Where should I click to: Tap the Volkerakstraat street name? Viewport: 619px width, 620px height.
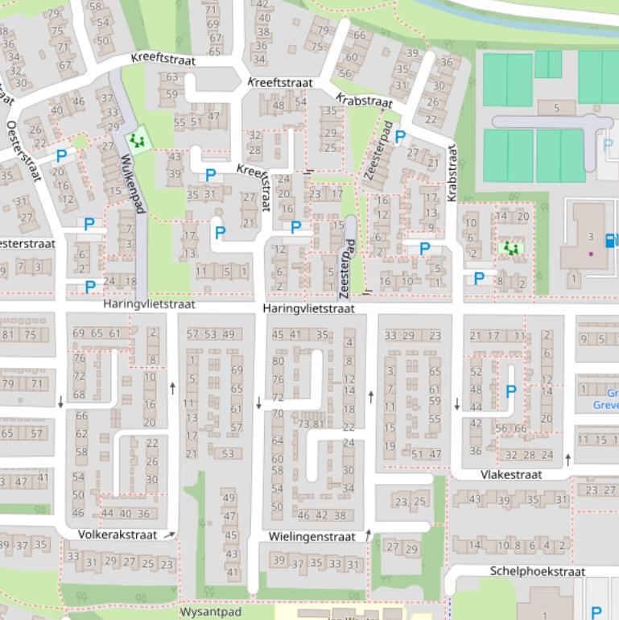tap(118, 535)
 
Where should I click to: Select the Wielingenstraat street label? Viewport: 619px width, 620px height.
tap(312, 536)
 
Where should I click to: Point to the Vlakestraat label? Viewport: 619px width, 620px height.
tap(511, 475)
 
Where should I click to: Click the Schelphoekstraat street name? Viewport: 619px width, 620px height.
tap(537, 571)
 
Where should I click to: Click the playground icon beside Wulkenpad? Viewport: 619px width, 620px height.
tap(139, 140)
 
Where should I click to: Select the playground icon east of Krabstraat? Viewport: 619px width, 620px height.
tap(510, 249)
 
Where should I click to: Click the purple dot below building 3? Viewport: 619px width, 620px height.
tap(591, 254)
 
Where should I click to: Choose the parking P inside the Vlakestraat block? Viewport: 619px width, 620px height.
tap(510, 391)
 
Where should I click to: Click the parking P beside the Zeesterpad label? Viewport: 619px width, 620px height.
tap(400, 137)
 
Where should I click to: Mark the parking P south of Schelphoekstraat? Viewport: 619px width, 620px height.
tap(596, 613)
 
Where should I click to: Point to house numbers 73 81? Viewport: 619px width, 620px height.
tap(311, 424)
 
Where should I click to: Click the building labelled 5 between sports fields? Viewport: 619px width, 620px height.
tap(557, 108)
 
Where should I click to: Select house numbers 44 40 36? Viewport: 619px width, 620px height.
tap(126, 514)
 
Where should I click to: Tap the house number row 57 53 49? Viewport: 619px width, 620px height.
tap(210, 334)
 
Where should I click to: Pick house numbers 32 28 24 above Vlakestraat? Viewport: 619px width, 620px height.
tap(532, 455)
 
